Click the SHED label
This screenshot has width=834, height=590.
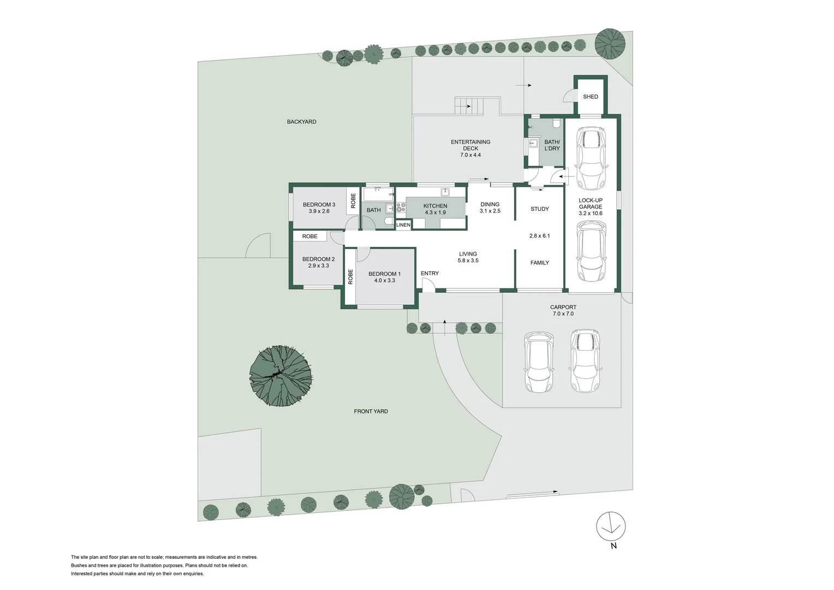pos(590,97)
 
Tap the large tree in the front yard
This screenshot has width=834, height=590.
pos(281,375)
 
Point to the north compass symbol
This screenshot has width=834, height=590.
pos(611,526)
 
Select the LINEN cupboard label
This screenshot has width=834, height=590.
pos(403,225)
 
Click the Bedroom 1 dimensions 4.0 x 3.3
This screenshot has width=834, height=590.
pos(384,281)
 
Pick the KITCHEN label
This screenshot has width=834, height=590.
pos(435,206)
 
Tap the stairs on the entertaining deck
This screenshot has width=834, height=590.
pos(469,105)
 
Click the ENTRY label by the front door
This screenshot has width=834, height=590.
pos(430,273)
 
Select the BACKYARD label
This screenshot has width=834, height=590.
pos(301,122)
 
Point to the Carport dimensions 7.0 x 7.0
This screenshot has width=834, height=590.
pos(563,314)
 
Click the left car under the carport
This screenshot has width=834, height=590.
pos(539,362)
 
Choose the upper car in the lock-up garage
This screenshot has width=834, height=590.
pos(591,157)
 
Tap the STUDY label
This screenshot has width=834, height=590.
pos(539,209)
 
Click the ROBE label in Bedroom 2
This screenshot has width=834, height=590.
pos(309,237)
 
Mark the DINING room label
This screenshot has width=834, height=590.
pos(490,204)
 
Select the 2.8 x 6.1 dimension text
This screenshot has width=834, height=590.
pos(539,236)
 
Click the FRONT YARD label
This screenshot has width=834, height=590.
pos(371,411)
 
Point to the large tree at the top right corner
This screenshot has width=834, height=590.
pos(610,43)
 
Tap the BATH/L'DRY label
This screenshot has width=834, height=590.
pos(552,145)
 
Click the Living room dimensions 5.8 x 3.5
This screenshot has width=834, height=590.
pos(468,261)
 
